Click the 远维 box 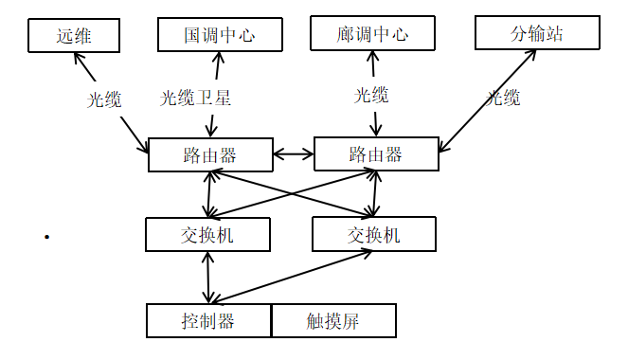tap(74, 36)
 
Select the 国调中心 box tap(219, 36)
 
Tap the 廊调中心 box tap(371, 35)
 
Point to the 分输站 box tap(537, 34)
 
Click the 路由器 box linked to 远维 tap(209, 154)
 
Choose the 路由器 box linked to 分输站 tap(375, 153)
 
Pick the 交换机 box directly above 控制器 tap(207, 235)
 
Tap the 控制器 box tap(208, 320)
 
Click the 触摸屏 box tap(333, 320)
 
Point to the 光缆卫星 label tap(195, 98)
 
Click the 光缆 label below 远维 tap(105, 99)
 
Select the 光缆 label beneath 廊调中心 tap(371, 95)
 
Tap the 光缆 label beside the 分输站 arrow tap(504, 98)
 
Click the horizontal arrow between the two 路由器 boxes tap(293, 153)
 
